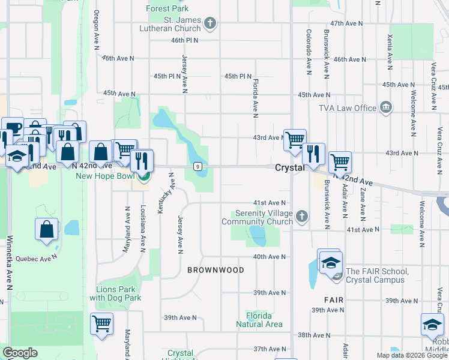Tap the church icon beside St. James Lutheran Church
(209, 24)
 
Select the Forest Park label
(168, 8)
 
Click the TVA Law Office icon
(385, 108)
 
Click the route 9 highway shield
(197, 166)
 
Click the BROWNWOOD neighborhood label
(215, 270)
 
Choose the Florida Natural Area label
(259, 320)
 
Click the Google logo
(20, 353)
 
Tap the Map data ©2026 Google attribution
(412, 355)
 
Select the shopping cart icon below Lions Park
(101, 323)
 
